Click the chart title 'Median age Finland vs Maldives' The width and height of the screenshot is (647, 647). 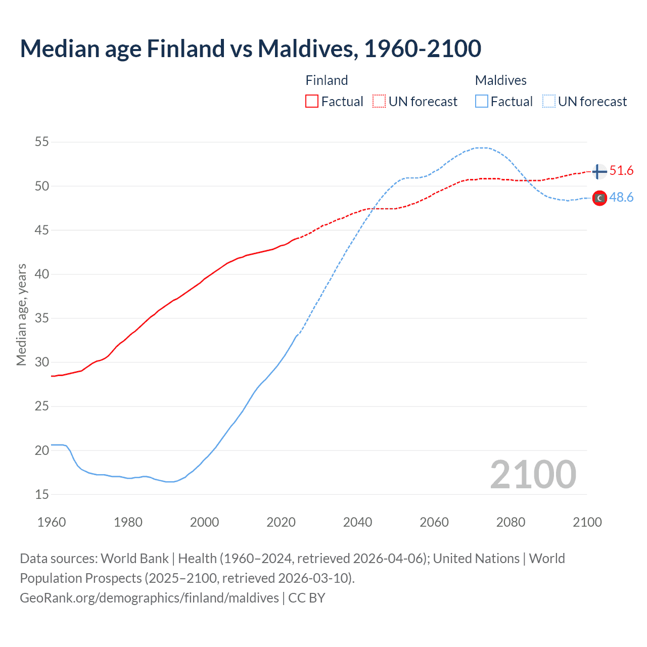pyautogui.click(x=250, y=49)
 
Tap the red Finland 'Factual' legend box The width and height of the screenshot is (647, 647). pyautogui.click(x=312, y=102)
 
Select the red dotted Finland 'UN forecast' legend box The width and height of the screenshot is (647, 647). pyautogui.click(x=379, y=102)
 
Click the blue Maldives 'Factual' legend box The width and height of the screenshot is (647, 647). pyautogui.click(x=482, y=102)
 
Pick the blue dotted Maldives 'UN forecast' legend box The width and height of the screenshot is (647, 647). pyautogui.click(x=549, y=102)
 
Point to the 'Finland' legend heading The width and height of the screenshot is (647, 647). pyautogui.click(x=327, y=80)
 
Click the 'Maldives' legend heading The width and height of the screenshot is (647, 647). pyautogui.click(x=500, y=80)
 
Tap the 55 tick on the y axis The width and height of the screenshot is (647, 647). pyautogui.click(x=42, y=142)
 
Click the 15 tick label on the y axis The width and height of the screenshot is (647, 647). pyautogui.click(x=42, y=494)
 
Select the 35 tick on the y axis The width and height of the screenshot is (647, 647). pyautogui.click(x=42, y=318)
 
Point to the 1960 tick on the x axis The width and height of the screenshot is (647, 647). pyautogui.click(x=52, y=522)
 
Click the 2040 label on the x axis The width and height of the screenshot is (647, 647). pyautogui.click(x=357, y=522)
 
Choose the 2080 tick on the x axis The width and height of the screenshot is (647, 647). pyautogui.click(x=511, y=522)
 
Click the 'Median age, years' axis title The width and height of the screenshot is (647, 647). pyautogui.click(x=21, y=314)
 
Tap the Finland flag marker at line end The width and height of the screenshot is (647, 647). pyautogui.click(x=599, y=172)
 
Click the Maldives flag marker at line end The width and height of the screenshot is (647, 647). pyautogui.click(x=599, y=198)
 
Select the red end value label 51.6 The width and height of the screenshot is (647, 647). pyautogui.click(x=621, y=171)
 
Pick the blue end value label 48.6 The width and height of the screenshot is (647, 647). pyautogui.click(x=621, y=198)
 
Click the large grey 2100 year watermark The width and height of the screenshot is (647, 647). pyautogui.click(x=533, y=475)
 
